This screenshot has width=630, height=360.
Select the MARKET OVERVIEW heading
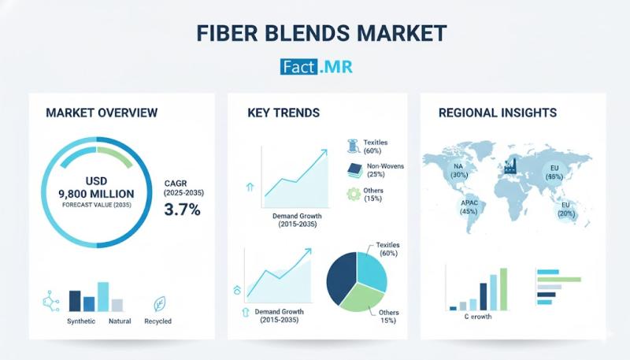pyautogui.click(x=102, y=113)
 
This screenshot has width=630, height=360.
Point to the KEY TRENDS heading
pyautogui.click(x=283, y=113)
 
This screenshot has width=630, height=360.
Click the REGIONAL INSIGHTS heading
pyautogui.click(x=497, y=113)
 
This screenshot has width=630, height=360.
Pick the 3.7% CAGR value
pyautogui.click(x=182, y=210)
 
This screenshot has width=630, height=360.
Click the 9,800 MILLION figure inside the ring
pyautogui.click(x=96, y=193)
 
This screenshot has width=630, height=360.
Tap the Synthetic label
pyautogui.click(x=81, y=321)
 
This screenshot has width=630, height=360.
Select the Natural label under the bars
pyautogui.click(x=120, y=321)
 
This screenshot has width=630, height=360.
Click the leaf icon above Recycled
pyautogui.click(x=159, y=302)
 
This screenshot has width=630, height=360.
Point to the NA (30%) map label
pyautogui.click(x=458, y=170)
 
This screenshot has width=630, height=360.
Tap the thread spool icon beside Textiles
pyautogui.click(x=353, y=145)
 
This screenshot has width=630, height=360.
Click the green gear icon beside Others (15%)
pyautogui.click(x=353, y=194)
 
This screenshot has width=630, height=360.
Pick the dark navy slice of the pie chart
pyautogui.click(x=342, y=278)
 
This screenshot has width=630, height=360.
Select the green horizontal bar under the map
pyautogui.click(x=558, y=279)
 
